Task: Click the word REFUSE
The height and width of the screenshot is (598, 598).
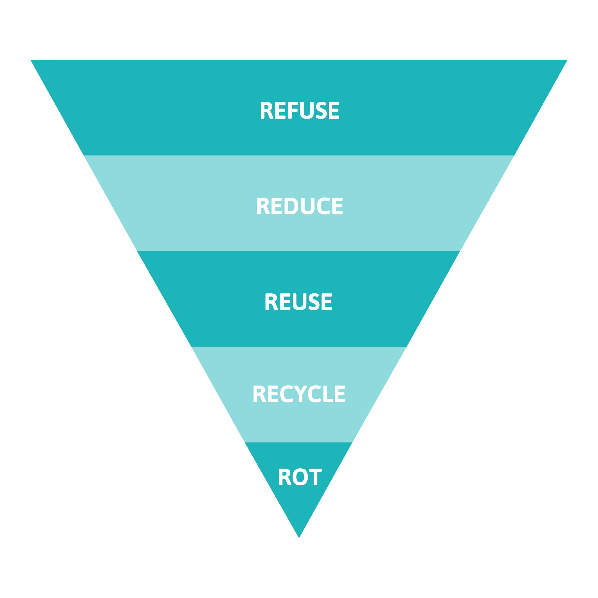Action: (x=300, y=110)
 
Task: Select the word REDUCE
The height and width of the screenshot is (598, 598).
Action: (x=300, y=206)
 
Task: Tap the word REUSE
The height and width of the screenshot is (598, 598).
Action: (x=298, y=302)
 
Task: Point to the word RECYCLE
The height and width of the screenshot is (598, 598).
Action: (x=299, y=394)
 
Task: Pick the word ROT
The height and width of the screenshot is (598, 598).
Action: (x=300, y=477)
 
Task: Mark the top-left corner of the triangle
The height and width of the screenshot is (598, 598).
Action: (x=30, y=60)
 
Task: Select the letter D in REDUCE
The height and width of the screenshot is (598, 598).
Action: (x=291, y=206)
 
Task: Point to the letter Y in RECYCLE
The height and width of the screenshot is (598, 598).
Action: (x=300, y=394)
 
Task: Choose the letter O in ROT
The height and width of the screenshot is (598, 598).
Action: (x=300, y=477)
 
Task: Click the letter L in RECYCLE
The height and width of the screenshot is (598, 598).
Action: (x=327, y=394)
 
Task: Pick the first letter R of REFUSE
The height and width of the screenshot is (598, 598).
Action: (x=267, y=110)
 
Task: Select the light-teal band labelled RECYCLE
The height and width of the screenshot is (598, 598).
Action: (x=299, y=394)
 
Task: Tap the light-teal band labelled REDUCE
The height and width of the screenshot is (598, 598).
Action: (x=299, y=203)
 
